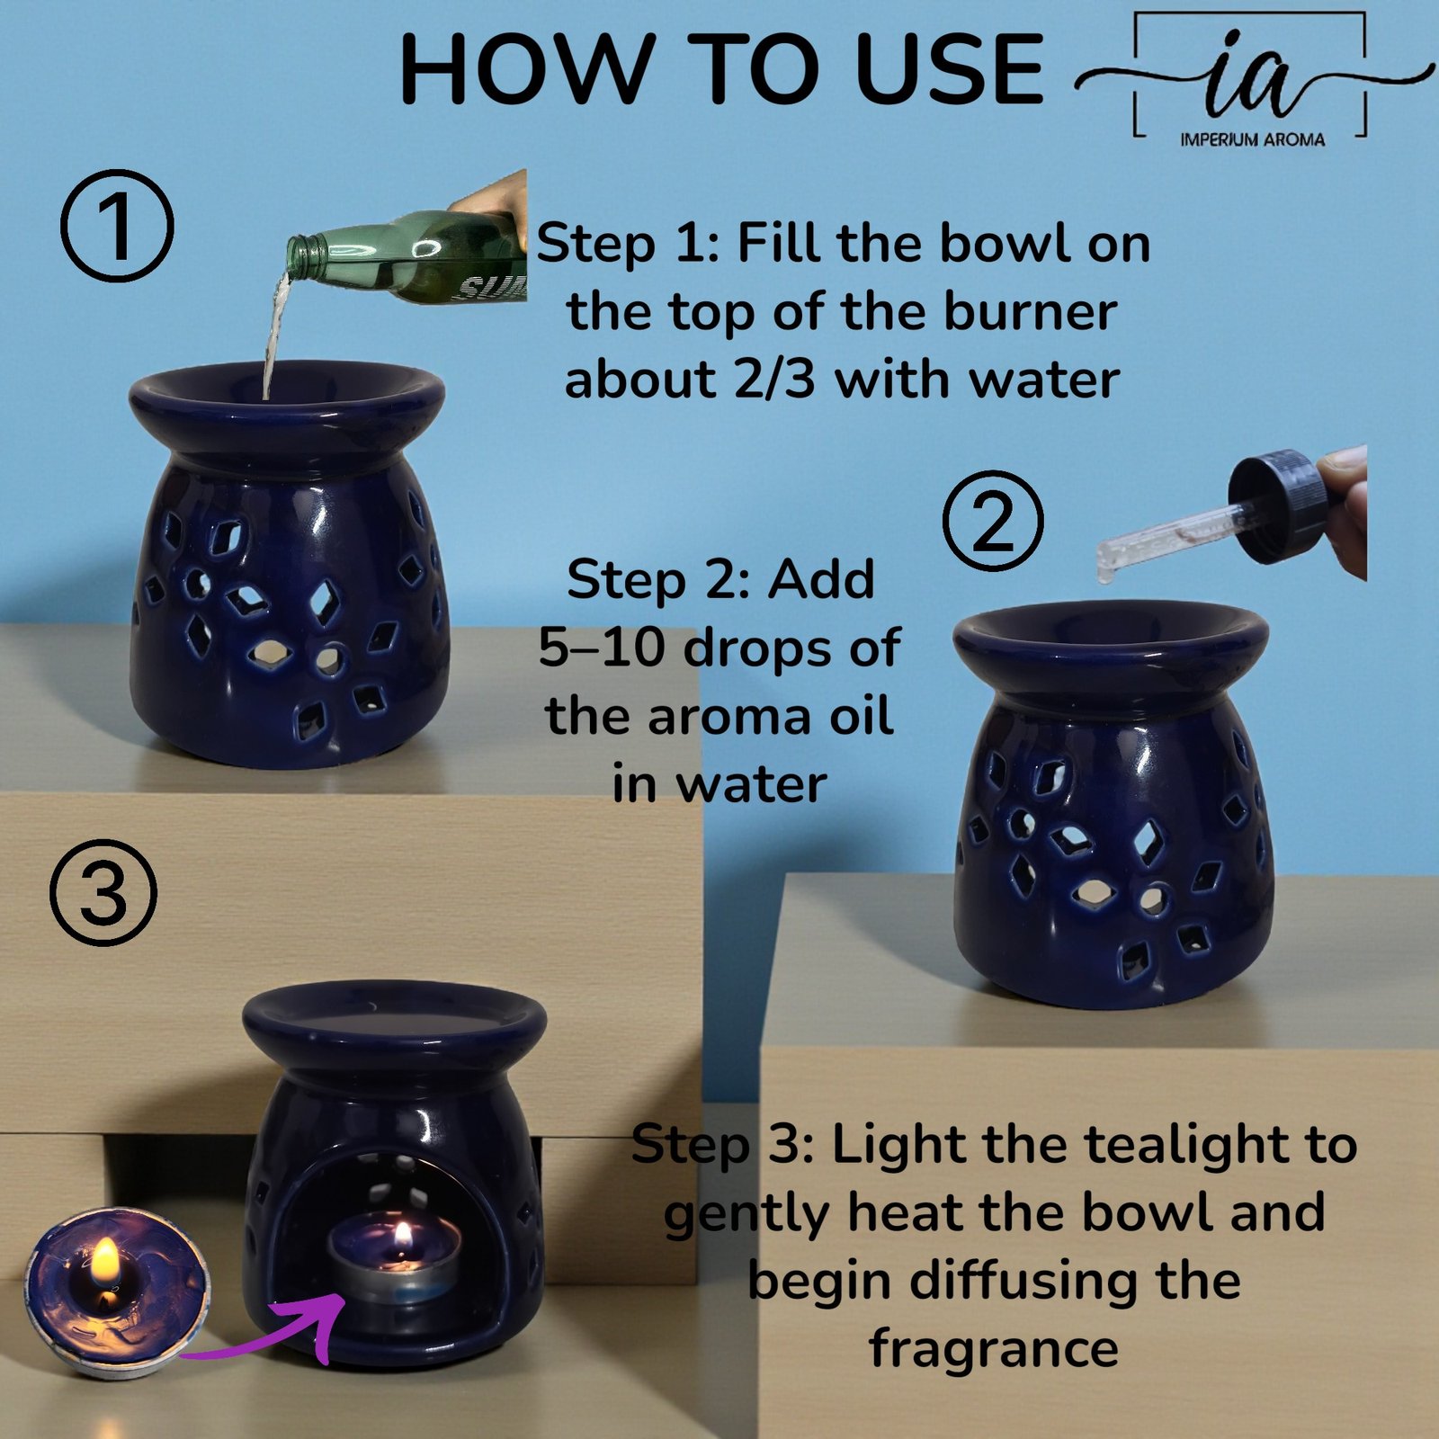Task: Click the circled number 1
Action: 117,225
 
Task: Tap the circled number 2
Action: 993,520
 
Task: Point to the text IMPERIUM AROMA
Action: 1252,139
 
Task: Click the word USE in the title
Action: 950,69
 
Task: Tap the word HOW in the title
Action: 525,69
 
